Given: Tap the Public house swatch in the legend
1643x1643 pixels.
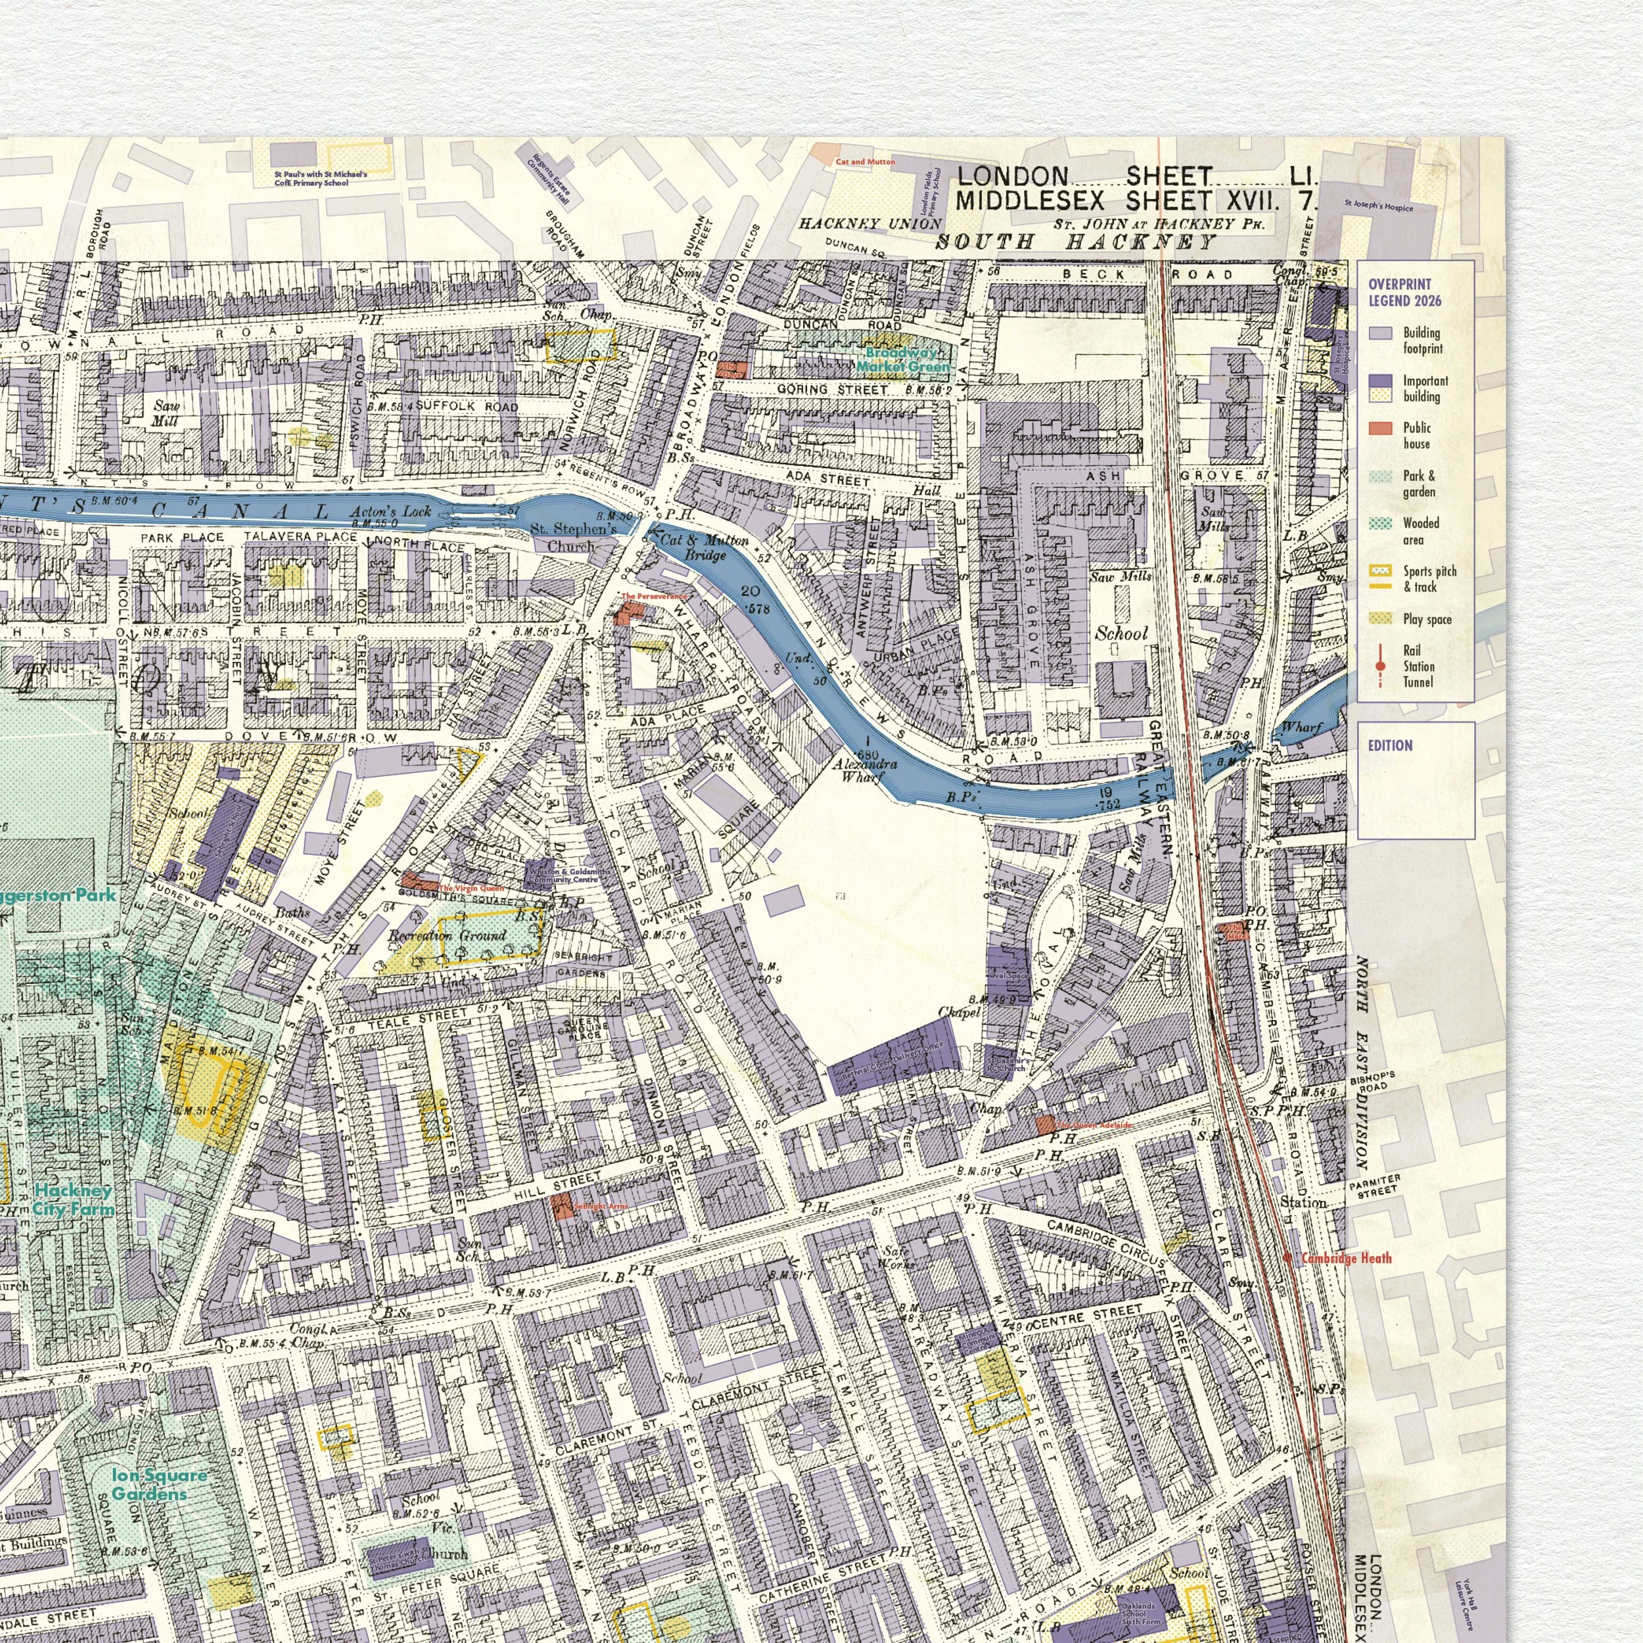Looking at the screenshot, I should pos(1380,428).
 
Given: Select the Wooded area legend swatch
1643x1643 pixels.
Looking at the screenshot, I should pos(1380,524).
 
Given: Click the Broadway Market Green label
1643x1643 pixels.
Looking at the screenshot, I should pos(902,359).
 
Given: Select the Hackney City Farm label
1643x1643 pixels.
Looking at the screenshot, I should pos(74,1200).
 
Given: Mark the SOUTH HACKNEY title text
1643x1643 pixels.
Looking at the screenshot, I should pos(1076,243).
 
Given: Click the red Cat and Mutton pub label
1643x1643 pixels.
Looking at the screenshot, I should pos(865,162).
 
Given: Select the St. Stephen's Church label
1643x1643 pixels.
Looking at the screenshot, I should pos(573,538).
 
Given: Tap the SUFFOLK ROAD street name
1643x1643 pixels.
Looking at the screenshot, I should pos(466,407).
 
